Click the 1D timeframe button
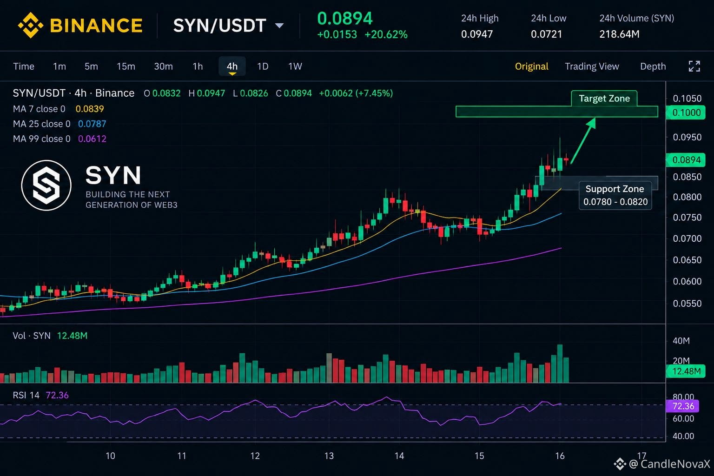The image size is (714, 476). tap(263, 66)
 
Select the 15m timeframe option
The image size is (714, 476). tap(126, 66)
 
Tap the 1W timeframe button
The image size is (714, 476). tap(295, 66)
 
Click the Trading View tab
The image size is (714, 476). tap(592, 66)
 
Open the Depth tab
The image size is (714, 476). tap(653, 66)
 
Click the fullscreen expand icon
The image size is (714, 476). tap(694, 66)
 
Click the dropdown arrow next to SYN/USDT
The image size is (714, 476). tap(279, 26)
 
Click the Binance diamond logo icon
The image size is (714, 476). tap(31, 25)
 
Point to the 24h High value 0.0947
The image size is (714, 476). tap(477, 34)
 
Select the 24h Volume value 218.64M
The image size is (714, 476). tap(619, 34)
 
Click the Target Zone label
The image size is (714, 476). tap(604, 99)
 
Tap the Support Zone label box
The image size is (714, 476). tap(615, 195)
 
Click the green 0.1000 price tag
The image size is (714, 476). tap(686, 112)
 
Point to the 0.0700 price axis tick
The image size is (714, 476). tap(687, 238)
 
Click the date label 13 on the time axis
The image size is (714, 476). tap(329, 456)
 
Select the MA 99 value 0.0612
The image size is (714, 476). tap(92, 139)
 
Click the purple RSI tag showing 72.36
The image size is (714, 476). tap(682, 406)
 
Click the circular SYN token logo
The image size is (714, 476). tap(46, 185)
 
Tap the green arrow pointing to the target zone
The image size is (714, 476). tap(582, 141)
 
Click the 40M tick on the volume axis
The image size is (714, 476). tap(681, 341)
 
